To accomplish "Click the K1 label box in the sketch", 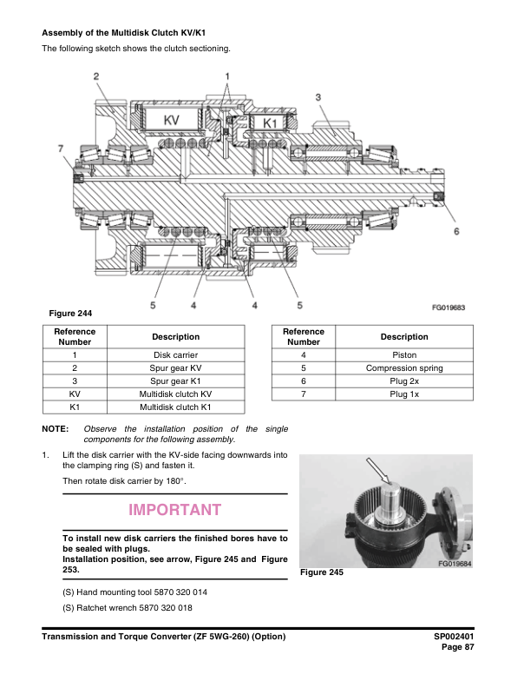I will [269, 124].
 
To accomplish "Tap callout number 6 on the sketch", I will [456, 231].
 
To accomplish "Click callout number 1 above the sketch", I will [227, 76].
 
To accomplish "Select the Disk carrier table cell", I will [175, 355].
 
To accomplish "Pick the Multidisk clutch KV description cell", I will [175, 394].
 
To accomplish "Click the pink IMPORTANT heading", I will [174, 510].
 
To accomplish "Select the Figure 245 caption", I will [322, 573].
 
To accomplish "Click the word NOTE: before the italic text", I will [56, 429].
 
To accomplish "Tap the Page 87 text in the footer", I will [458, 648].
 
